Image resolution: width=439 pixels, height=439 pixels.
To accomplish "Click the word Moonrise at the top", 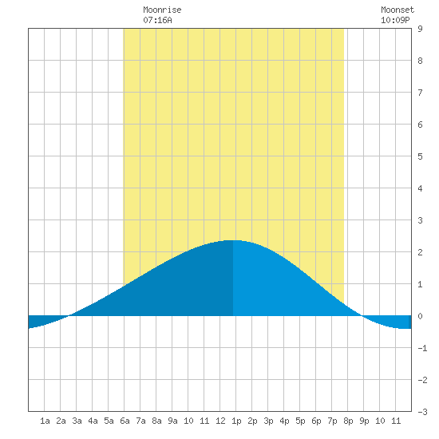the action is (x=162, y=10).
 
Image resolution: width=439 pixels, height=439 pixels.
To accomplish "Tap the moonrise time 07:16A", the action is (x=157, y=20).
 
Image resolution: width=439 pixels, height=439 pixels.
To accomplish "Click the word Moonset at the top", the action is (x=397, y=10).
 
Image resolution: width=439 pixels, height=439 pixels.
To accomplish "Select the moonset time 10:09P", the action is (x=395, y=20).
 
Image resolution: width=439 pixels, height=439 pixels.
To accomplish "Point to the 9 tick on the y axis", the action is (x=420, y=29).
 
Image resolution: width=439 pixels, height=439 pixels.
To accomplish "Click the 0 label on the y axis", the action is (x=420, y=316).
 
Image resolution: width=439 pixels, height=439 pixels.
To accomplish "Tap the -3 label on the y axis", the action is (x=422, y=412).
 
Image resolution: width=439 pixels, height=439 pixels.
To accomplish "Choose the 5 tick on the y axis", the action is (x=420, y=156).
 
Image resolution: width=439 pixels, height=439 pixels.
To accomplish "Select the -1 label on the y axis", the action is (x=422, y=348).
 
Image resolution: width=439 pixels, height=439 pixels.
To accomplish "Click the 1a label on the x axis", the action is (x=45, y=421).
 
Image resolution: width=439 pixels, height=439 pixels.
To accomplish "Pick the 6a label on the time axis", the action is (x=125, y=421).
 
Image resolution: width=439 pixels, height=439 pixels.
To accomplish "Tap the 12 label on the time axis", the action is (x=220, y=421).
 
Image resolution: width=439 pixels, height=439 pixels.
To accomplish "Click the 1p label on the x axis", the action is (x=236, y=421).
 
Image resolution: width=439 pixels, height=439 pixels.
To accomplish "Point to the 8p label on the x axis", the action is (x=348, y=421).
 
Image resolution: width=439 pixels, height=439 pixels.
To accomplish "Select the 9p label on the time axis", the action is (x=364, y=421).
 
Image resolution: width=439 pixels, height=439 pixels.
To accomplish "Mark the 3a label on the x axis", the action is (x=77, y=421).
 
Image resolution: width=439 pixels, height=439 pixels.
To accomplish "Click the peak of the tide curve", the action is (x=232, y=240).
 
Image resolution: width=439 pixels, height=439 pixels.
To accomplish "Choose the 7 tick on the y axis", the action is (x=420, y=93).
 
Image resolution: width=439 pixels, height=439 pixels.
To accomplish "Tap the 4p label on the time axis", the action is (x=284, y=421).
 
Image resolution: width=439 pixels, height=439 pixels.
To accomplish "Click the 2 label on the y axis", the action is (x=420, y=252).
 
